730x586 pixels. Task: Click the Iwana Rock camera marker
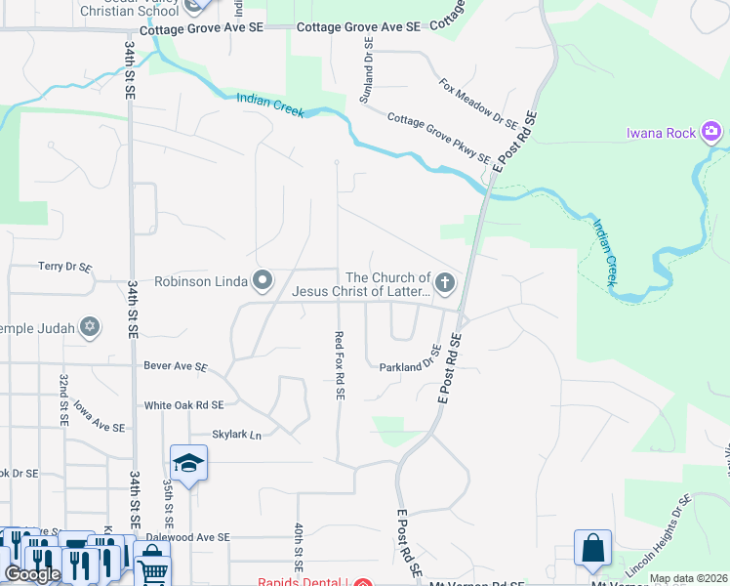pos(711,132)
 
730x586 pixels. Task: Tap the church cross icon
pos(445,283)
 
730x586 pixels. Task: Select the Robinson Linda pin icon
pos(263,282)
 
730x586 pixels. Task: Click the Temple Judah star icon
pos(90,327)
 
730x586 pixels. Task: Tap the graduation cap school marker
pos(188,462)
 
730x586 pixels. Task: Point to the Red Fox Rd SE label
pos(340,366)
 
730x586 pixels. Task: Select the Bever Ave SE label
pos(176,367)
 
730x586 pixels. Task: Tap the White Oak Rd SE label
pos(184,404)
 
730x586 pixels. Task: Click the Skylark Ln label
pos(237,435)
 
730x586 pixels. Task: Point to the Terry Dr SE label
pos(64,266)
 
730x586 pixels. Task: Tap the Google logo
pos(32,574)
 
